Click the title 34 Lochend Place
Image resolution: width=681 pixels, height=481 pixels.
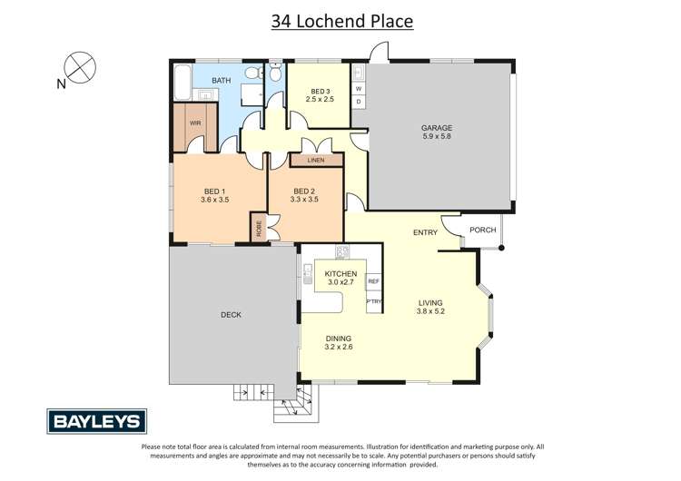click(342, 21)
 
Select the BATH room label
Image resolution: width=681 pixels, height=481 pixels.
click(222, 81)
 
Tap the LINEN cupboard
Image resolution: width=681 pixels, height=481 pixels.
click(316, 161)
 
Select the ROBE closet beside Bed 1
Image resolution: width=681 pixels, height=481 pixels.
click(259, 227)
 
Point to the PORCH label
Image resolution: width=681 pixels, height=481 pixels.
click(483, 230)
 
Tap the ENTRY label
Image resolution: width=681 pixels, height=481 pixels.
click(425, 232)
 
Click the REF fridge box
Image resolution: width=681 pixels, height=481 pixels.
click(373, 282)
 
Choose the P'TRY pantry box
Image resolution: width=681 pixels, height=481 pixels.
click(373, 301)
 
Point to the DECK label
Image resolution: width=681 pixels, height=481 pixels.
click(231, 315)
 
